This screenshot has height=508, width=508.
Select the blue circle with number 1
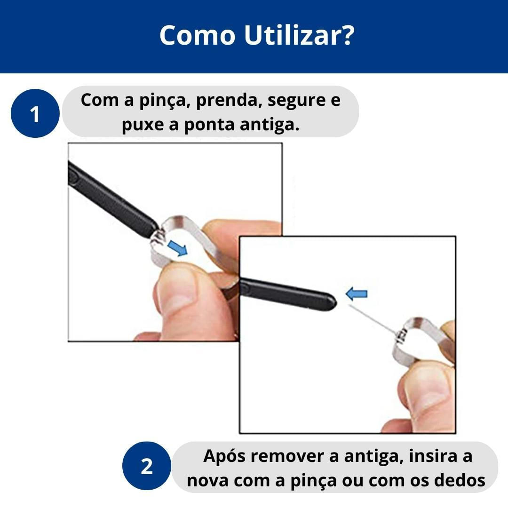click(x=35, y=113)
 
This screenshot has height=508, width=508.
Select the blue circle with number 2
click(x=146, y=466)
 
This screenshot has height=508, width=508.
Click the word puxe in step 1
click(x=143, y=126)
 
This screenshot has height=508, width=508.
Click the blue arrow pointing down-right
click(x=177, y=248)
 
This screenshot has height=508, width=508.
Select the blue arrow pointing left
click(x=357, y=294)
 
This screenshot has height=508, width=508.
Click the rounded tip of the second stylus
click(x=333, y=302)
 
